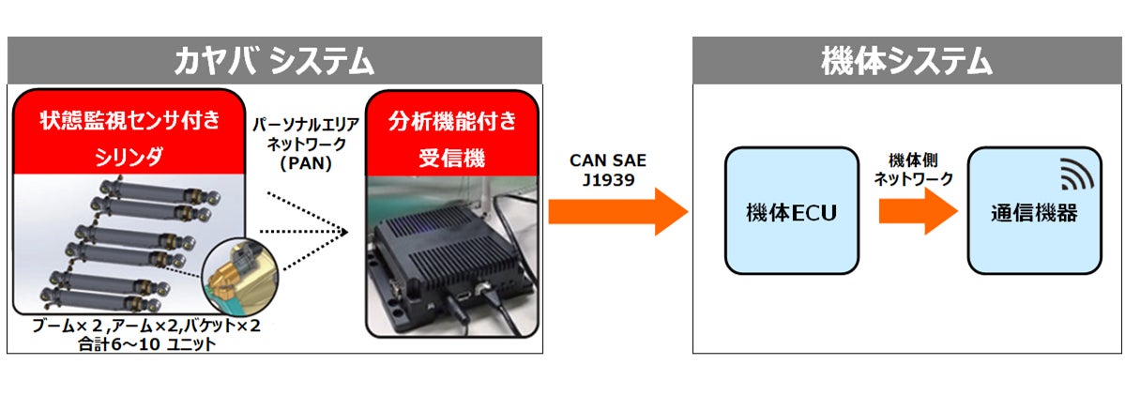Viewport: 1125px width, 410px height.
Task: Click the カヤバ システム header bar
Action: [274, 61]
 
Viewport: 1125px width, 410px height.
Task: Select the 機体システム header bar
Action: [905, 61]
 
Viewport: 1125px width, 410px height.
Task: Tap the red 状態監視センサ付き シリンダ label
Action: [129, 137]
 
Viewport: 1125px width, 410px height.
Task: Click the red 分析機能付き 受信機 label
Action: [450, 137]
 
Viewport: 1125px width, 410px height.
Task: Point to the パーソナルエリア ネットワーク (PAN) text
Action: [306, 141]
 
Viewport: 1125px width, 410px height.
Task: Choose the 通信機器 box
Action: [1034, 211]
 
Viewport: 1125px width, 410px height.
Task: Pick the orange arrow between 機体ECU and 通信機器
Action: [910, 214]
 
